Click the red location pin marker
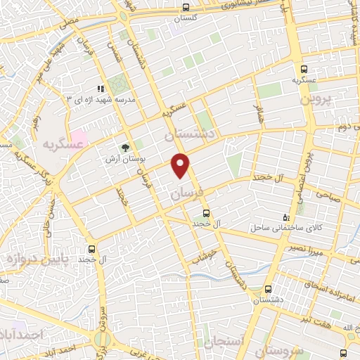click(x=181, y=165)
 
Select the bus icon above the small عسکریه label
click(x=303, y=69)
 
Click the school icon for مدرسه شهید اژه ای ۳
click(x=101, y=89)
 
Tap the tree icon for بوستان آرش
click(x=126, y=147)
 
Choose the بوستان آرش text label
click(x=125, y=158)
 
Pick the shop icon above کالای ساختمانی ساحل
click(x=285, y=217)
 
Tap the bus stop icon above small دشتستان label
click(x=267, y=289)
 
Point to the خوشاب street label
click(x=202, y=257)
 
